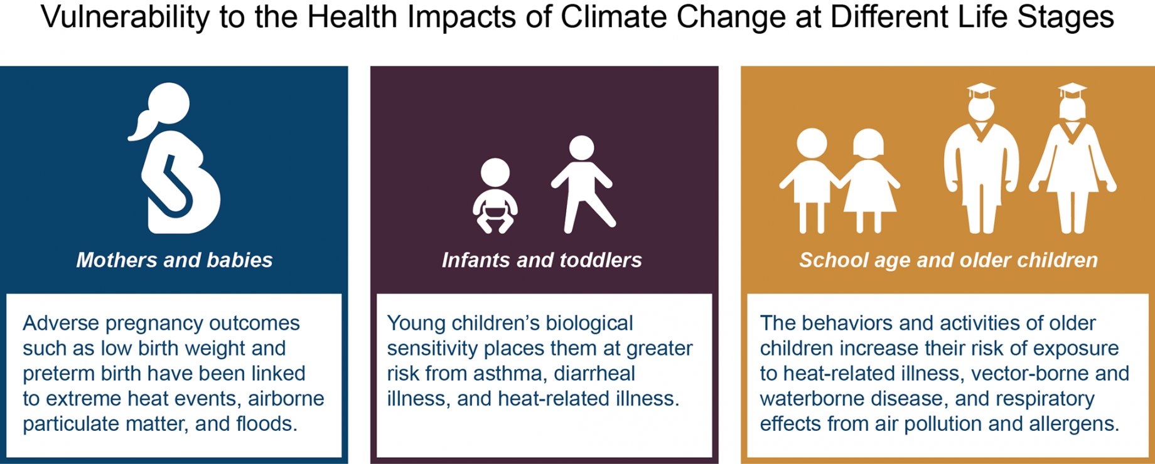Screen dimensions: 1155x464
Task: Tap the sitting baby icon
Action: click(x=495, y=196)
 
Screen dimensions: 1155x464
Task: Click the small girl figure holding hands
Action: click(x=869, y=182)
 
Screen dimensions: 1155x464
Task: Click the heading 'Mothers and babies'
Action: click(x=175, y=260)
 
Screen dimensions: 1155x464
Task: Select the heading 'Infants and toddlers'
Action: click(x=542, y=260)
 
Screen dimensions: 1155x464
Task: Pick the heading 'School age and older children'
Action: click(x=948, y=260)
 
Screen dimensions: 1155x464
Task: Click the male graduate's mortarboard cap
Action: click(x=981, y=91)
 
